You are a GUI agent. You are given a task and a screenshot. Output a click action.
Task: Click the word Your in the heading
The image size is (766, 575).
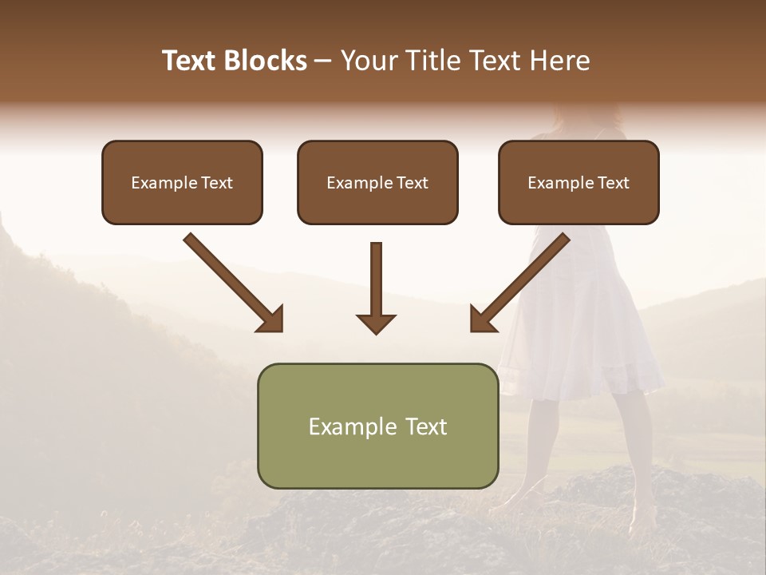pos(368,61)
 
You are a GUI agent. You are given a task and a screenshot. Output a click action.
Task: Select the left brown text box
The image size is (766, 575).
pos(182,183)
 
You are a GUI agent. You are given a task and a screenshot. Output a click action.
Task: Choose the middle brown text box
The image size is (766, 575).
pos(377,183)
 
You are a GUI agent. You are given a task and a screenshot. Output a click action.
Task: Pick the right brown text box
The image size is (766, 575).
pos(578,183)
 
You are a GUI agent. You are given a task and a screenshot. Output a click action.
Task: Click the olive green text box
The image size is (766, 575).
pos(377,426)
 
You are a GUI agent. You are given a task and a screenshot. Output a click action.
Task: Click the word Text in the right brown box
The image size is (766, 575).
pos(613,183)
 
